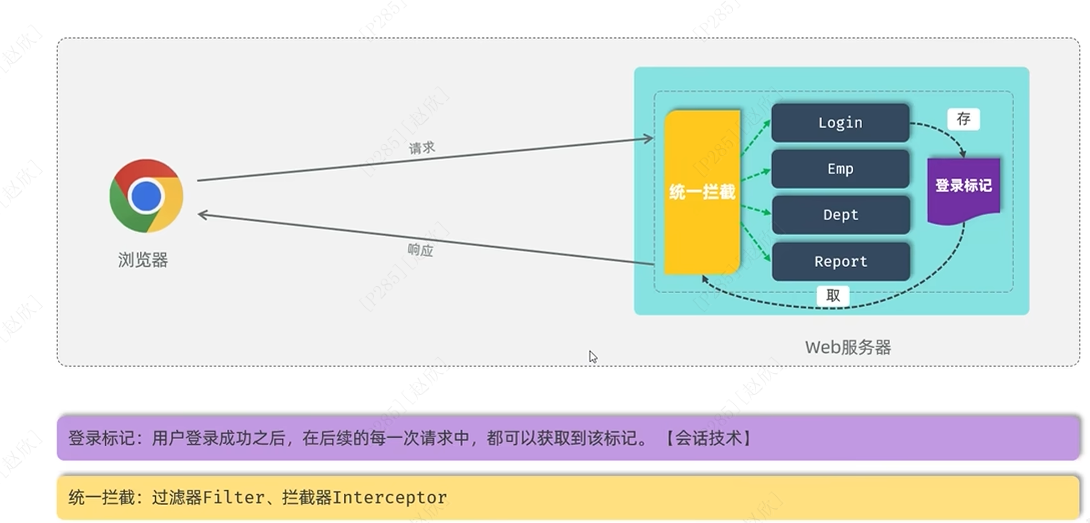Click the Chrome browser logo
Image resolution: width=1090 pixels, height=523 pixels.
click(146, 196)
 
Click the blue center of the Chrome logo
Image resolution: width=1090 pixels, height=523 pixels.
click(146, 196)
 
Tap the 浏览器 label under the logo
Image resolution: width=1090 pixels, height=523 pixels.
click(143, 260)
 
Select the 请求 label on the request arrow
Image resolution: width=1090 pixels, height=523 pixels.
click(422, 147)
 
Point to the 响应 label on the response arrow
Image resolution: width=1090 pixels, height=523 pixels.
click(420, 249)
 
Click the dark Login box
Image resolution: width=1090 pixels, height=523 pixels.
click(840, 123)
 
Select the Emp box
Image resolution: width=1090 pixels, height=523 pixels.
click(840, 169)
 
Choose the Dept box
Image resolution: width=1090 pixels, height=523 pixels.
click(840, 215)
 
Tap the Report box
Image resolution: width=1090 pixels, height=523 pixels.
click(840, 261)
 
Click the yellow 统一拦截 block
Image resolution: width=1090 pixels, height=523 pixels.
click(702, 192)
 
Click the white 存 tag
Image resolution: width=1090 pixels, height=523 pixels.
click(963, 119)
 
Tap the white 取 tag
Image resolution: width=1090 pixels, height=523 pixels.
click(833, 296)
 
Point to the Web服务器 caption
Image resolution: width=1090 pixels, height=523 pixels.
click(848, 347)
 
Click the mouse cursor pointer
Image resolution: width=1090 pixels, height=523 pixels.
click(592, 356)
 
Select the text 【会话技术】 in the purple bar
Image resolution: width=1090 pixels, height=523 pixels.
click(708, 438)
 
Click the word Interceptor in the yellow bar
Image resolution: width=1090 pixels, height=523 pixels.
click(390, 498)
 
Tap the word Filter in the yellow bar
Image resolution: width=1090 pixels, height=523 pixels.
click(234, 498)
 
